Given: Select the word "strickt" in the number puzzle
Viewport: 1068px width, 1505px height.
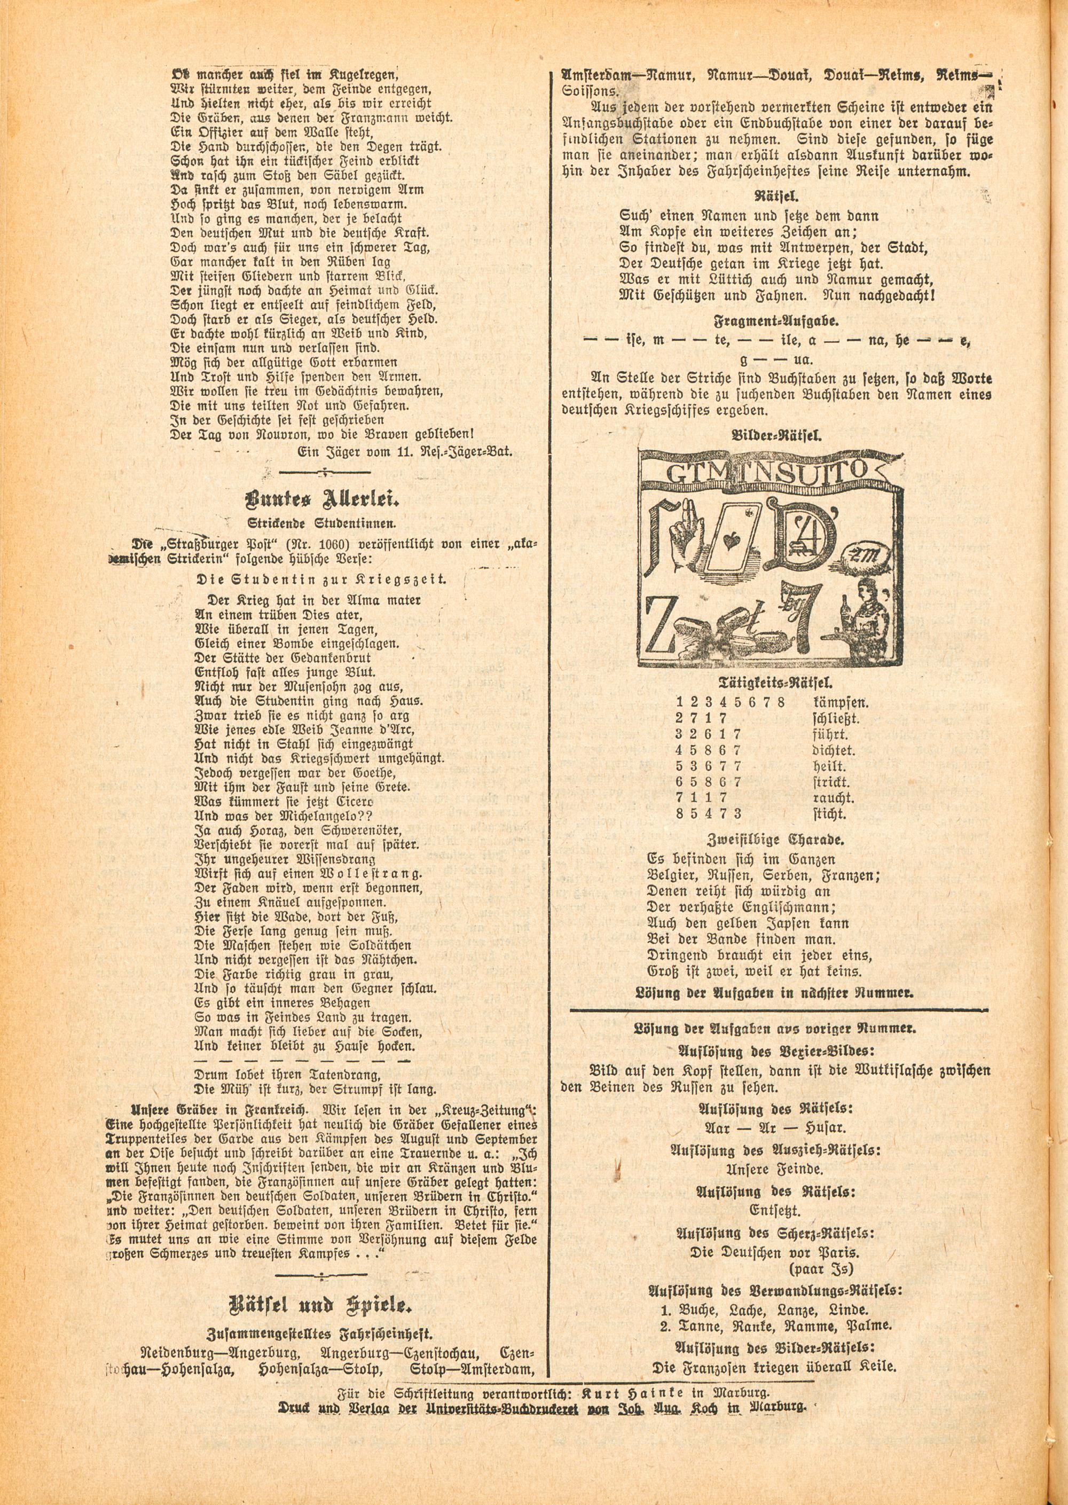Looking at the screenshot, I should coord(831,782).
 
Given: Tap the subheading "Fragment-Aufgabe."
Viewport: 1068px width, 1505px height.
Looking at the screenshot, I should coord(776,320).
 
